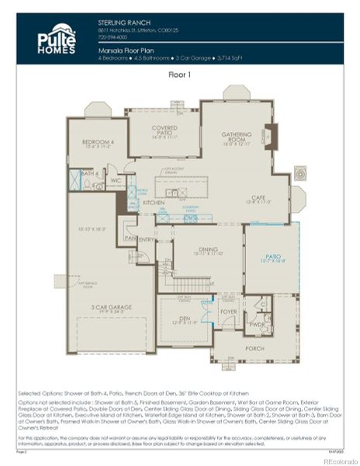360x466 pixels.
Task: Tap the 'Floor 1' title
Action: pyautogui.click(x=180, y=75)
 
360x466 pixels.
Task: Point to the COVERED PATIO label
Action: pyautogui.click(x=164, y=128)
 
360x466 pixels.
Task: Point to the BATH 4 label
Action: pyautogui.click(x=88, y=173)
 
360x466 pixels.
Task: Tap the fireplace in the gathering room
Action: pyautogui.click(x=270, y=137)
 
